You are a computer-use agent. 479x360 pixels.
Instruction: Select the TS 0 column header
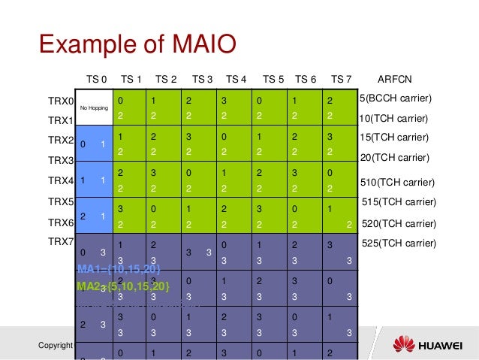(97, 79)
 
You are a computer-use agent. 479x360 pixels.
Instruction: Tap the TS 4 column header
(236, 79)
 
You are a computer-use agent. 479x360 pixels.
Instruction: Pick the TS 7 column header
(342, 79)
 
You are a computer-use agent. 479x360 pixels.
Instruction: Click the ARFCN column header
(394, 79)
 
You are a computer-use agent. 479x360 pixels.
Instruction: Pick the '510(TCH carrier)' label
(398, 181)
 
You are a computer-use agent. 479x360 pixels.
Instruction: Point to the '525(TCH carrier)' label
(399, 243)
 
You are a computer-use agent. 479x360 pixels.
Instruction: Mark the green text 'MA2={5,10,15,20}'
(122, 286)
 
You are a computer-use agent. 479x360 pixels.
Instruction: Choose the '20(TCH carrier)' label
(394, 157)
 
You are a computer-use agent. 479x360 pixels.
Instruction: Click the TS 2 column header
(166, 79)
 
